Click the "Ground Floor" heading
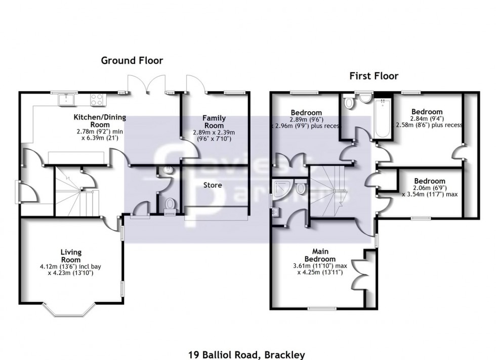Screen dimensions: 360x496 pyautogui.click(x=132, y=61)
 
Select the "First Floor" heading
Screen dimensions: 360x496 pyautogui.click(x=374, y=76)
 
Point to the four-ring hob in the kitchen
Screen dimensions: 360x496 pyautogui.click(x=96, y=100)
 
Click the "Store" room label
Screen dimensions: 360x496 pyautogui.click(x=213, y=185)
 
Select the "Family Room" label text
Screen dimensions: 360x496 pyautogui.click(x=214, y=122)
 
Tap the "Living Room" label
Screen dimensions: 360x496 pyautogui.click(x=71, y=255)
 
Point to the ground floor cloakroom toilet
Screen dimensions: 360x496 pyautogui.click(x=170, y=204)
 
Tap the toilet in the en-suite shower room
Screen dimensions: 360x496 pyautogui.click(x=301, y=189)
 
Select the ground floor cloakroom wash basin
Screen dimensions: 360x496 pyautogui.click(x=168, y=171)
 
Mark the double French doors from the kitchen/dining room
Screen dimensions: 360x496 pyautogui.click(x=146, y=85)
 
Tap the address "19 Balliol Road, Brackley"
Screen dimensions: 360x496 pyautogui.click(x=248, y=355)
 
